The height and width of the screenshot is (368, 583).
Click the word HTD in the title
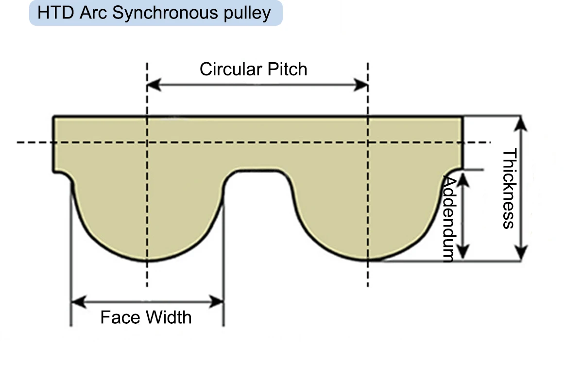click(55, 13)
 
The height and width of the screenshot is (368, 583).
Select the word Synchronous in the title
click(165, 14)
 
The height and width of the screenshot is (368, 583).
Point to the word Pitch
click(287, 70)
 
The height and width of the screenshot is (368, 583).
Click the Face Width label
click(146, 317)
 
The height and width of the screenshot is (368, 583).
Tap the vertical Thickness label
click(509, 188)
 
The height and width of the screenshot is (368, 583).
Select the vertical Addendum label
click(449, 219)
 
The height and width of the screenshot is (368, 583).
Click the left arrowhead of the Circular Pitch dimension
click(154, 85)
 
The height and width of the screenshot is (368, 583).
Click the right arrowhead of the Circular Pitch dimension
click(360, 85)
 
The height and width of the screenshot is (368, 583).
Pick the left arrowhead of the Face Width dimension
click(79, 301)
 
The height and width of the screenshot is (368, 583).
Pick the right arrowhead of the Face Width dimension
click(217, 301)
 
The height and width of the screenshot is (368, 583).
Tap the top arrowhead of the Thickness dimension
click(520, 123)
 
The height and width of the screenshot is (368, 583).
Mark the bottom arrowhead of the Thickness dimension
click(520, 253)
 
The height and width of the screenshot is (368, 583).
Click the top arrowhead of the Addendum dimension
click(463, 180)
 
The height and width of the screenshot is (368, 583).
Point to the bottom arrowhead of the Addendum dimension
click(463, 252)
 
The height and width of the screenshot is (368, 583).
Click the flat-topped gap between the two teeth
click(257, 182)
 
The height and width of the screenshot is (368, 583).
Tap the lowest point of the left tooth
click(147, 261)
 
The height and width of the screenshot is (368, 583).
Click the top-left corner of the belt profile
click(53, 116)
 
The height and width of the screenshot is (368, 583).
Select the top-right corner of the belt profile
click(463, 116)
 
